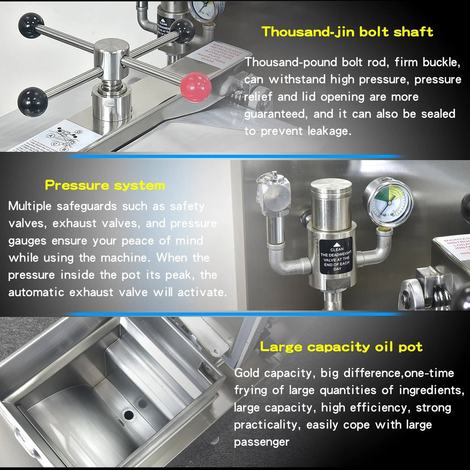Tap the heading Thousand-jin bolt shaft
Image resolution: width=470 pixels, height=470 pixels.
347,32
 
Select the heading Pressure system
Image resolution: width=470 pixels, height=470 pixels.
105,186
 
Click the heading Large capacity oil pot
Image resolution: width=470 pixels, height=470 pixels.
341,347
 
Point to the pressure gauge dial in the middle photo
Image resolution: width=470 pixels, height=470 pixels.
388,203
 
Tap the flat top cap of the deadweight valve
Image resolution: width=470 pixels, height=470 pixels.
331,184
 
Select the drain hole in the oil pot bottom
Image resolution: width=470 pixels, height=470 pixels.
129,415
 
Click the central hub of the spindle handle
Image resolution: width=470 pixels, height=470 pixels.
112,53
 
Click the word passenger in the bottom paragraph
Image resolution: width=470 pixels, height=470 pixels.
262,442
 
